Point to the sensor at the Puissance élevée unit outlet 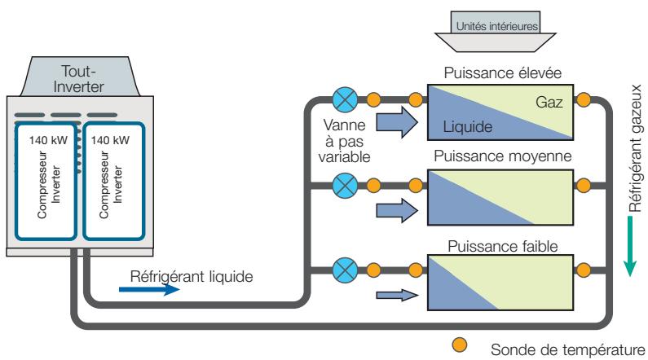pos(582,101)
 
